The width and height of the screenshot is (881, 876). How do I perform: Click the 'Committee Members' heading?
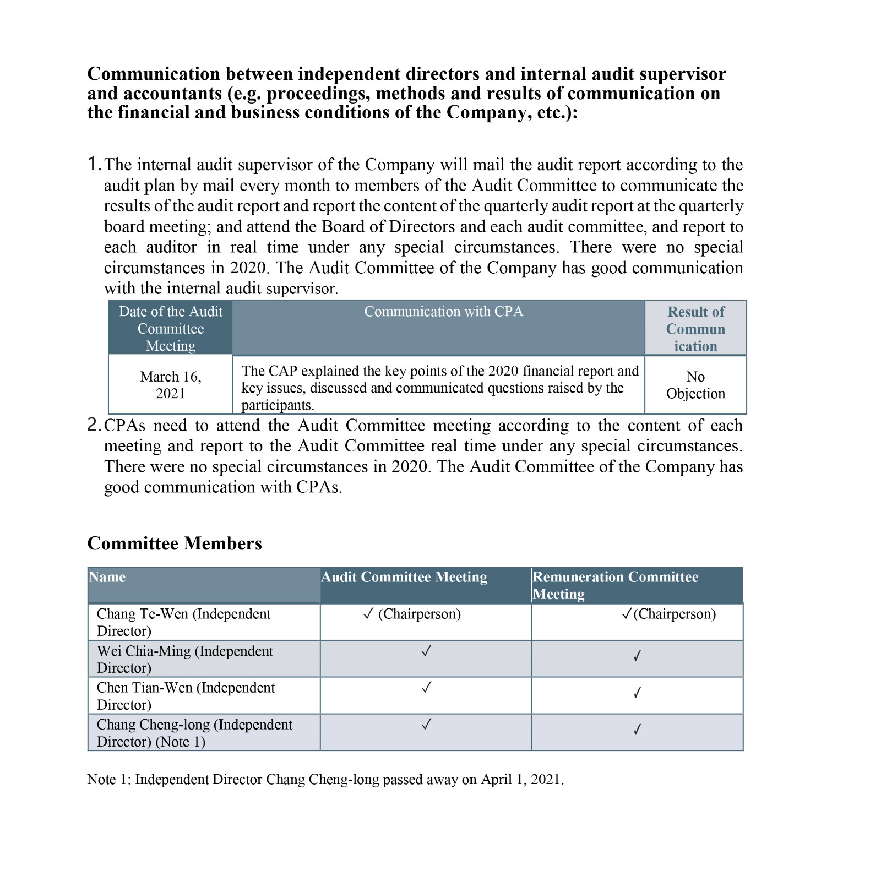tap(175, 543)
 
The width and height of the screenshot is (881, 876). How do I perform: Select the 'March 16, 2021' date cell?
tap(170, 385)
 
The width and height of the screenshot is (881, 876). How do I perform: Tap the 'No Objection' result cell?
tap(695, 385)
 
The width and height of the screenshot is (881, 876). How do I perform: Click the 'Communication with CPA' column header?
tap(443, 312)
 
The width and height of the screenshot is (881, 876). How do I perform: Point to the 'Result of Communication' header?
tap(695, 329)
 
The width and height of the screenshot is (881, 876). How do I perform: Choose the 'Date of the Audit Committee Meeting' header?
tap(170, 329)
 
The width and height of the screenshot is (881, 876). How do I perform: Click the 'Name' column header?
tap(107, 577)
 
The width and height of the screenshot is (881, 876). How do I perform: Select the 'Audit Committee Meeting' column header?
tap(404, 577)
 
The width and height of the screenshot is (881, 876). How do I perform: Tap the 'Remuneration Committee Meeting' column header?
tap(615, 585)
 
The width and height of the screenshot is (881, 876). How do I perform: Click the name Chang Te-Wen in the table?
tap(142, 614)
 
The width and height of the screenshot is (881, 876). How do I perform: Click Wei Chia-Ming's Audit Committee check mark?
tap(426, 651)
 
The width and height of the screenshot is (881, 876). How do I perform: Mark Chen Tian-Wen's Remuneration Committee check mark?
tap(637, 693)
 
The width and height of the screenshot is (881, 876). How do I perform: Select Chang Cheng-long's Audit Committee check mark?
tap(426, 725)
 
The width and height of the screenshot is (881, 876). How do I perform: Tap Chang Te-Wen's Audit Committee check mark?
tap(368, 614)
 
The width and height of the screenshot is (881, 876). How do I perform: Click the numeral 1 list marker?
tap(93, 164)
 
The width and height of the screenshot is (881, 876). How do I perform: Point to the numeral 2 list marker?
tap(94, 425)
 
